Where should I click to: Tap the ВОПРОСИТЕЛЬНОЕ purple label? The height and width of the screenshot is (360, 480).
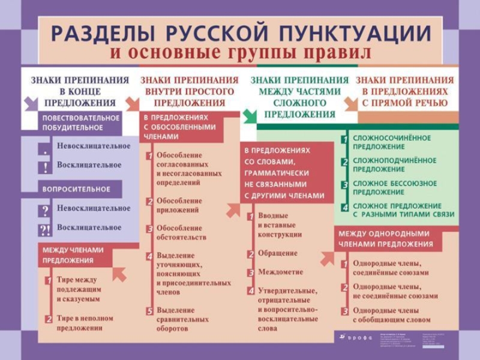(x=76, y=189)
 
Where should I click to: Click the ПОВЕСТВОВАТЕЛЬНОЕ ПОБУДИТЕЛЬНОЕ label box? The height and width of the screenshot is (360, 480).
(x=80, y=122)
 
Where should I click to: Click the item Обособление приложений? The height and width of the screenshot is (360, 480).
(x=179, y=205)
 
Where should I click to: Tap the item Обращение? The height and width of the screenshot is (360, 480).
(x=277, y=253)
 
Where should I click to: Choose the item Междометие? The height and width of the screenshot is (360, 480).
(x=280, y=272)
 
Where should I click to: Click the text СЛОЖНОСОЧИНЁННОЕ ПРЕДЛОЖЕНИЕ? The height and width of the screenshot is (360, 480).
(x=391, y=142)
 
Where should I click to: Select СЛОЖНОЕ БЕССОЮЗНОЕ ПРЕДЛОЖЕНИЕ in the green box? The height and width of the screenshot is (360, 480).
(x=395, y=187)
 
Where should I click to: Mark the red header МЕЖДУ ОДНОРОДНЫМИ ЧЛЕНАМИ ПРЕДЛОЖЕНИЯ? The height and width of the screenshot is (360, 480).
(x=385, y=239)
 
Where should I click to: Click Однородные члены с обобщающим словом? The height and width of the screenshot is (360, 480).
(x=391, y=315)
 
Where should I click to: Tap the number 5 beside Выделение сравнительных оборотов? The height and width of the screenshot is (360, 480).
(x=150, y=311)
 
